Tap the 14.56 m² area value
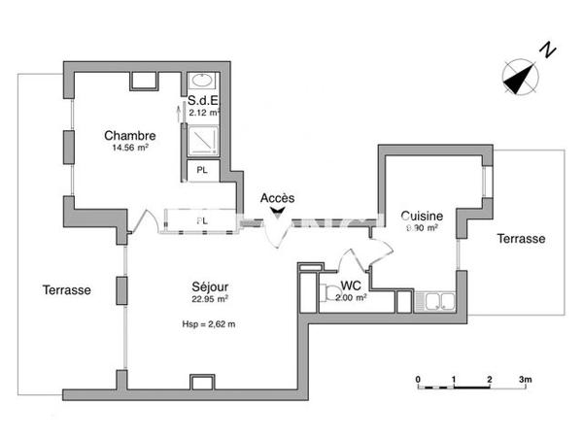[x=129, y=148]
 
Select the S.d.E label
[x=202, y=99]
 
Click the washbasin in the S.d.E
[x=204, y=81]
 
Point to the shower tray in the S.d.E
[x=204, y=143]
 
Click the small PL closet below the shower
[x=202, y=170]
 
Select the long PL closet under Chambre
[x=201, y=220]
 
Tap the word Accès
[x=278, y=198]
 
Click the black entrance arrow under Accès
[x=279, y=210]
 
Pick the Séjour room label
[x=209, y=286]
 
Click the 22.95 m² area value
[x=209, y=300]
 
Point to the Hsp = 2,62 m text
[x=209, y=324]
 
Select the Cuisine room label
[x=422, y=216]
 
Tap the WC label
[x=351, y=286]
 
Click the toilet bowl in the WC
[x=326, y=296]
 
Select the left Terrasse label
[x=66, y=289]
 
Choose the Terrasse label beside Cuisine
[x=520, y=239]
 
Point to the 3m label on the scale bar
[x=525, y=379]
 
